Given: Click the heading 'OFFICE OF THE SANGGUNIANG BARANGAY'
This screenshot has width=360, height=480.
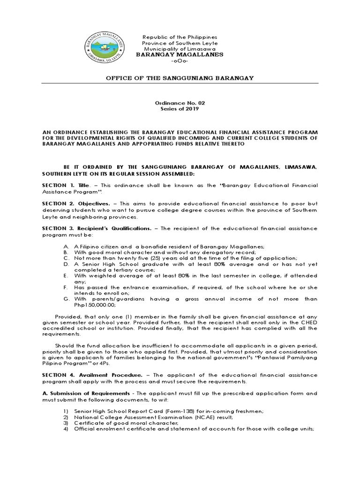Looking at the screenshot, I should (x=180, y=78).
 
